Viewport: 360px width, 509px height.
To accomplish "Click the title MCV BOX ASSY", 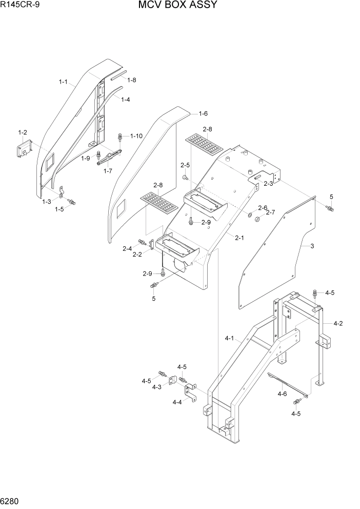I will [177, 6].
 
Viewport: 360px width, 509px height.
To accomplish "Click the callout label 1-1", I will [63, 82].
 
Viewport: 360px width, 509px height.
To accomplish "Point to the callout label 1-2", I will [23, 132].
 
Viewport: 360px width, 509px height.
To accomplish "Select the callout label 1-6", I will [203, 113].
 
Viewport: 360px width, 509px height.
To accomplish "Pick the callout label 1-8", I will [132, 80].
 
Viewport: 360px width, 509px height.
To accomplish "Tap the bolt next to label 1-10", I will [121, 136].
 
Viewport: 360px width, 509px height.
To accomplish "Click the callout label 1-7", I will [108, 171].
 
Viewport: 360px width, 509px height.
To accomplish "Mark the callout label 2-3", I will [268, 183].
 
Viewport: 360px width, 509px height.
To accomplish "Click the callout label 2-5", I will [185, 165].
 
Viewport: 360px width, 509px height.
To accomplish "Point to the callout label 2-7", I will [270, 212].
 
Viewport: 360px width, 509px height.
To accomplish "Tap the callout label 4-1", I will [229, 338].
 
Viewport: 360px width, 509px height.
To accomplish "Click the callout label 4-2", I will [338, 323].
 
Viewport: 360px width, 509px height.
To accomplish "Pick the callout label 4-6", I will [282, 394].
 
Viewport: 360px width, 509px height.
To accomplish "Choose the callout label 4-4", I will [177, 402].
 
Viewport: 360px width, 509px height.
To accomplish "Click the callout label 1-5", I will [59, 209].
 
